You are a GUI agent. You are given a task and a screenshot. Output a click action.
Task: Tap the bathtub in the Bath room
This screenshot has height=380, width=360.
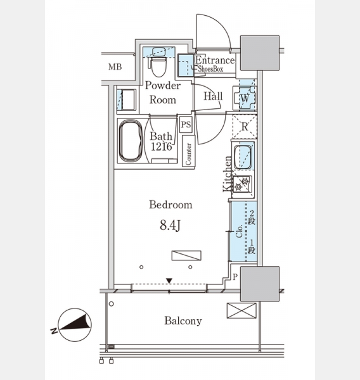click(x=131, y=141)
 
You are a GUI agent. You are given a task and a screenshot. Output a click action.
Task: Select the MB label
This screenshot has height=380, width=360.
click(x=115, y=66)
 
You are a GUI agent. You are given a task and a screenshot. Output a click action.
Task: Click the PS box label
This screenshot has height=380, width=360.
click(x=186, y=125)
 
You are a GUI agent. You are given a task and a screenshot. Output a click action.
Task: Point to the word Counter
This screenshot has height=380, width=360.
click(x=188, y=154)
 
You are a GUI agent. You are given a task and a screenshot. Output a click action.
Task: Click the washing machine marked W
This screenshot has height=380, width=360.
click(x=245, y=98)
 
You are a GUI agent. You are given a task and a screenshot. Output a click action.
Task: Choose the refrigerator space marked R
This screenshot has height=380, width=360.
click(x=245, y=127)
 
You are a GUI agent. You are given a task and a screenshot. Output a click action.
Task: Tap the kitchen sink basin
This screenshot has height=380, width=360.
click(x=243, y=156)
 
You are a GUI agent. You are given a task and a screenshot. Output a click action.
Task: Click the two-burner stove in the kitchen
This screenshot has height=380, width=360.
click(x=242, y=184)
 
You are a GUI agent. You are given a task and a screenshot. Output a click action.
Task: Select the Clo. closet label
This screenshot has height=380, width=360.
click(x=239, y=231)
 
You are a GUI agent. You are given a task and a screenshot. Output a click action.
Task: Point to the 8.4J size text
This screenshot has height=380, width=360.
click(x=170, y=225)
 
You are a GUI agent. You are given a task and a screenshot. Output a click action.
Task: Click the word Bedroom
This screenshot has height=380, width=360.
click(x=170, y=205)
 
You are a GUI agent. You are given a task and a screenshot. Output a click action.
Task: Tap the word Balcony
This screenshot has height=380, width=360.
click(x=183, y=321)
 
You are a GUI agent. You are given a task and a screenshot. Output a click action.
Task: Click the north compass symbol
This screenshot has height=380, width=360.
click(x=75, y=325)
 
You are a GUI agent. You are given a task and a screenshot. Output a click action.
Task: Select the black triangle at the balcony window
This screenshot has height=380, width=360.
click(x=169, y=281)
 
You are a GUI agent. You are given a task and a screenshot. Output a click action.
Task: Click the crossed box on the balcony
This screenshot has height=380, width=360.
click(x=241, y=311)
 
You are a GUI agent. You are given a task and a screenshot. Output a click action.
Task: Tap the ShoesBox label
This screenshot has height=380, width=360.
click(x=210, y=69)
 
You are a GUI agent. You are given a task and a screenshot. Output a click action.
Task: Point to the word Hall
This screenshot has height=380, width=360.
click(x=213, y=96)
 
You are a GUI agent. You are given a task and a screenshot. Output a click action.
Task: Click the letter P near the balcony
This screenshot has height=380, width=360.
click(x=235, y=277)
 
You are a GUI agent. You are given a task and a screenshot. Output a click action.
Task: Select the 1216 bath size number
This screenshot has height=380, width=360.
click(x=162, y=146)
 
